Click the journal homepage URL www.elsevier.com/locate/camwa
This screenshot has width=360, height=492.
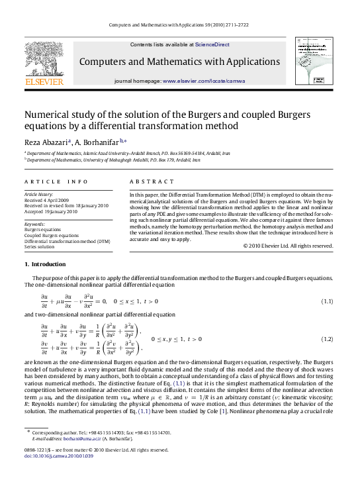(x=201, y=80)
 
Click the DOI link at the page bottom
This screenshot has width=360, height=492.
(x=54, y=475)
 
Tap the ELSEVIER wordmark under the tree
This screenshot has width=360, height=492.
(x=44, y=82)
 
